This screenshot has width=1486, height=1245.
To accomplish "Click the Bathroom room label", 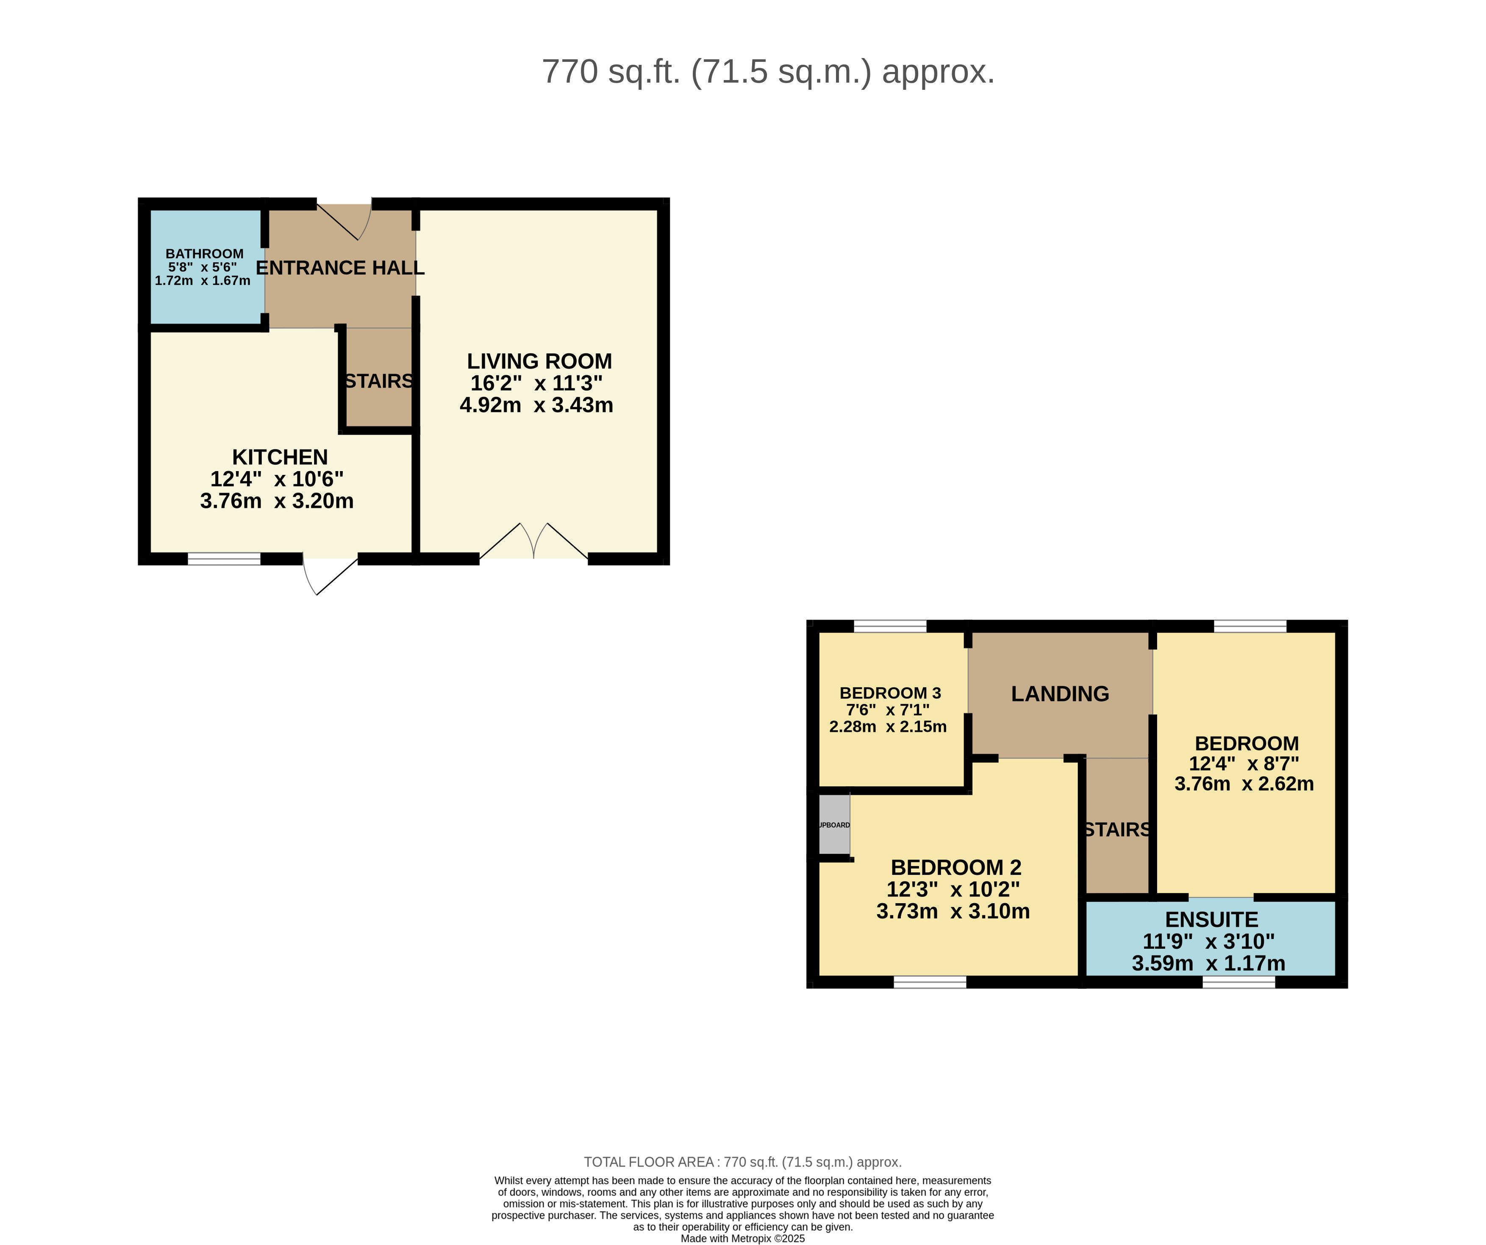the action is click(205, 253).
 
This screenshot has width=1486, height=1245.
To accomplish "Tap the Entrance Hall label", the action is click(340, 267).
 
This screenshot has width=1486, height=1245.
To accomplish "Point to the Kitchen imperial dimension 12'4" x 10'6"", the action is click(277, 479).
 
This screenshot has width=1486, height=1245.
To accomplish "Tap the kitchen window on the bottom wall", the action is click(224, 559).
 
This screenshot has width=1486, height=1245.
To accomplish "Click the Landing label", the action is click(1060, 694).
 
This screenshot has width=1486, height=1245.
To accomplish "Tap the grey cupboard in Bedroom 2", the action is click(834, 825).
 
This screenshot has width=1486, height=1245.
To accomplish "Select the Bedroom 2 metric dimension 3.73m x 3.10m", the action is click(953, 911).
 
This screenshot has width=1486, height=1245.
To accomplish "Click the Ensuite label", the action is click(1211, 920).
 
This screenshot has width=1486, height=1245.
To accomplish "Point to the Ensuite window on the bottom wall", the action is click(1239, 982).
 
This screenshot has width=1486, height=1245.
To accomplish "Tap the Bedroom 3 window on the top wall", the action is click(890, 626).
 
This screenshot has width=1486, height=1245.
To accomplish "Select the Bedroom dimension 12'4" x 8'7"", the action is click(1244, 764).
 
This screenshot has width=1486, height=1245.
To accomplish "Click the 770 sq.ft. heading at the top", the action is click(769, 72).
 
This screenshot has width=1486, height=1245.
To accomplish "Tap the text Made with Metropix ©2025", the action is click(743, 1239).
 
